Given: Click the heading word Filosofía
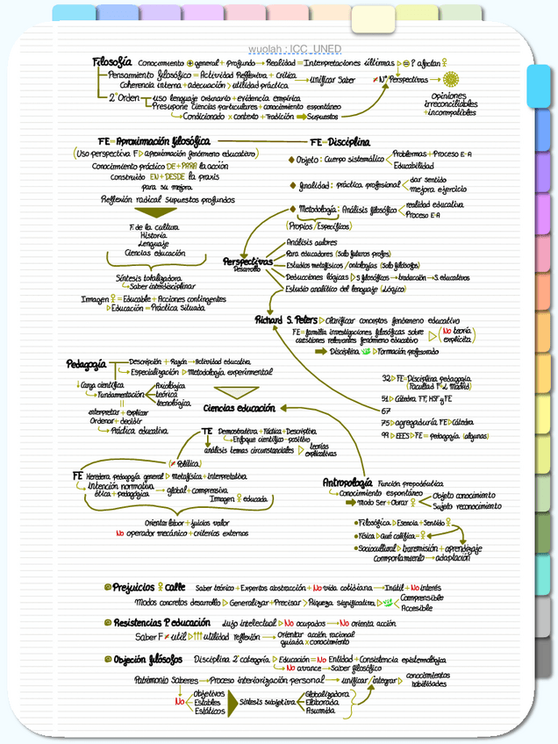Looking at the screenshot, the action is (112, 62).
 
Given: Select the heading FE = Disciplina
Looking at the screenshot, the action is (340, 142).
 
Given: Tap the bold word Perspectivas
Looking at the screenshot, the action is (247, 261).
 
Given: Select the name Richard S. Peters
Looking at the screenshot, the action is (285, 320).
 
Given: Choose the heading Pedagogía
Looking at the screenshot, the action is (86, 363).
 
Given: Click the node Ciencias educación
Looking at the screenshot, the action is (239, 408).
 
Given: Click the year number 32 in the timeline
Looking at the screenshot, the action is (386, 378).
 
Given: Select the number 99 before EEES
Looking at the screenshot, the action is (386, 434).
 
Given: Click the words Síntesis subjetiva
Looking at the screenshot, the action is (267, 701).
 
